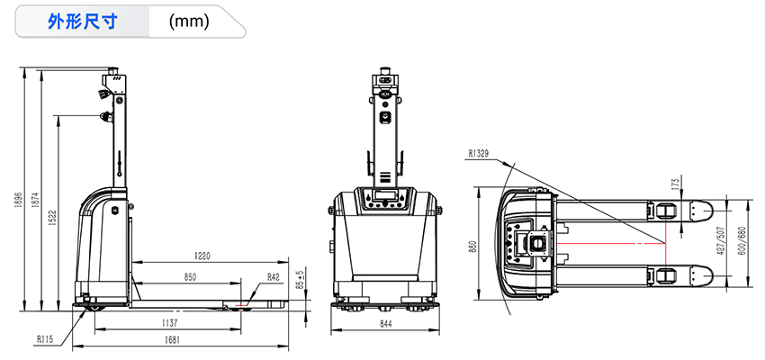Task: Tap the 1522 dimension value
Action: click(x=53, y=219)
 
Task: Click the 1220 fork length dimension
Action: click(x=202, y=256)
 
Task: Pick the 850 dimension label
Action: click(x=190, y=276)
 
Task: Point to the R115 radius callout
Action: click(x=45, y=340)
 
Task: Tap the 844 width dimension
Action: click(x=385, y=323)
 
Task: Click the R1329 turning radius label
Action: click(x=479, y=154)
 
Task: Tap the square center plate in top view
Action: click(x=537, y=243)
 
